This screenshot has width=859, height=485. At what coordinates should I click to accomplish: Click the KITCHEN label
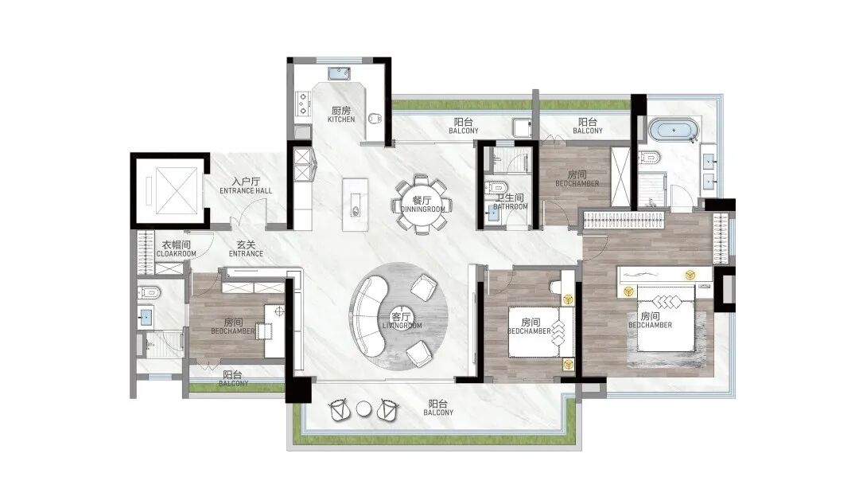click(341, 119)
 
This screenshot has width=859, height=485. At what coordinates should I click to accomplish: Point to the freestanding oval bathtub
click(674, 131)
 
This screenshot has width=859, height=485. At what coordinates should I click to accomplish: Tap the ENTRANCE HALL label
click(246, 191)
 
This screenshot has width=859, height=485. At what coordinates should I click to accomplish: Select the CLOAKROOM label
click(176, 254)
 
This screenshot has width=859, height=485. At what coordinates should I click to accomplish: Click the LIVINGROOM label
click(402, 326)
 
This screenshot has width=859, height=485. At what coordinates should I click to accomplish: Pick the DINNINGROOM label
click(422, 209)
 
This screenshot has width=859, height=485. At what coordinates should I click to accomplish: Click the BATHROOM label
click(510, 207)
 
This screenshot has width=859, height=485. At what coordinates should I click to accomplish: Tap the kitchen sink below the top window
click(340, 73)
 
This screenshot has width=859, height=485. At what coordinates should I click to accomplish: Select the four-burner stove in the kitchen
click(302, 104)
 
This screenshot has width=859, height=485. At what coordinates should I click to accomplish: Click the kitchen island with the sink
click(355, 205)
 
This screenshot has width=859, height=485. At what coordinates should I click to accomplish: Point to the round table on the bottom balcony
click(363, 409)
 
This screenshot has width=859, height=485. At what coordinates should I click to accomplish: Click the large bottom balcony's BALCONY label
click(438, 413)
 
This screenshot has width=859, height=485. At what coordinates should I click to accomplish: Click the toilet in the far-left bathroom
click(149, 293)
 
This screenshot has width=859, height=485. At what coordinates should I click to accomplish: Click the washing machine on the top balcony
click(523, 128)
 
